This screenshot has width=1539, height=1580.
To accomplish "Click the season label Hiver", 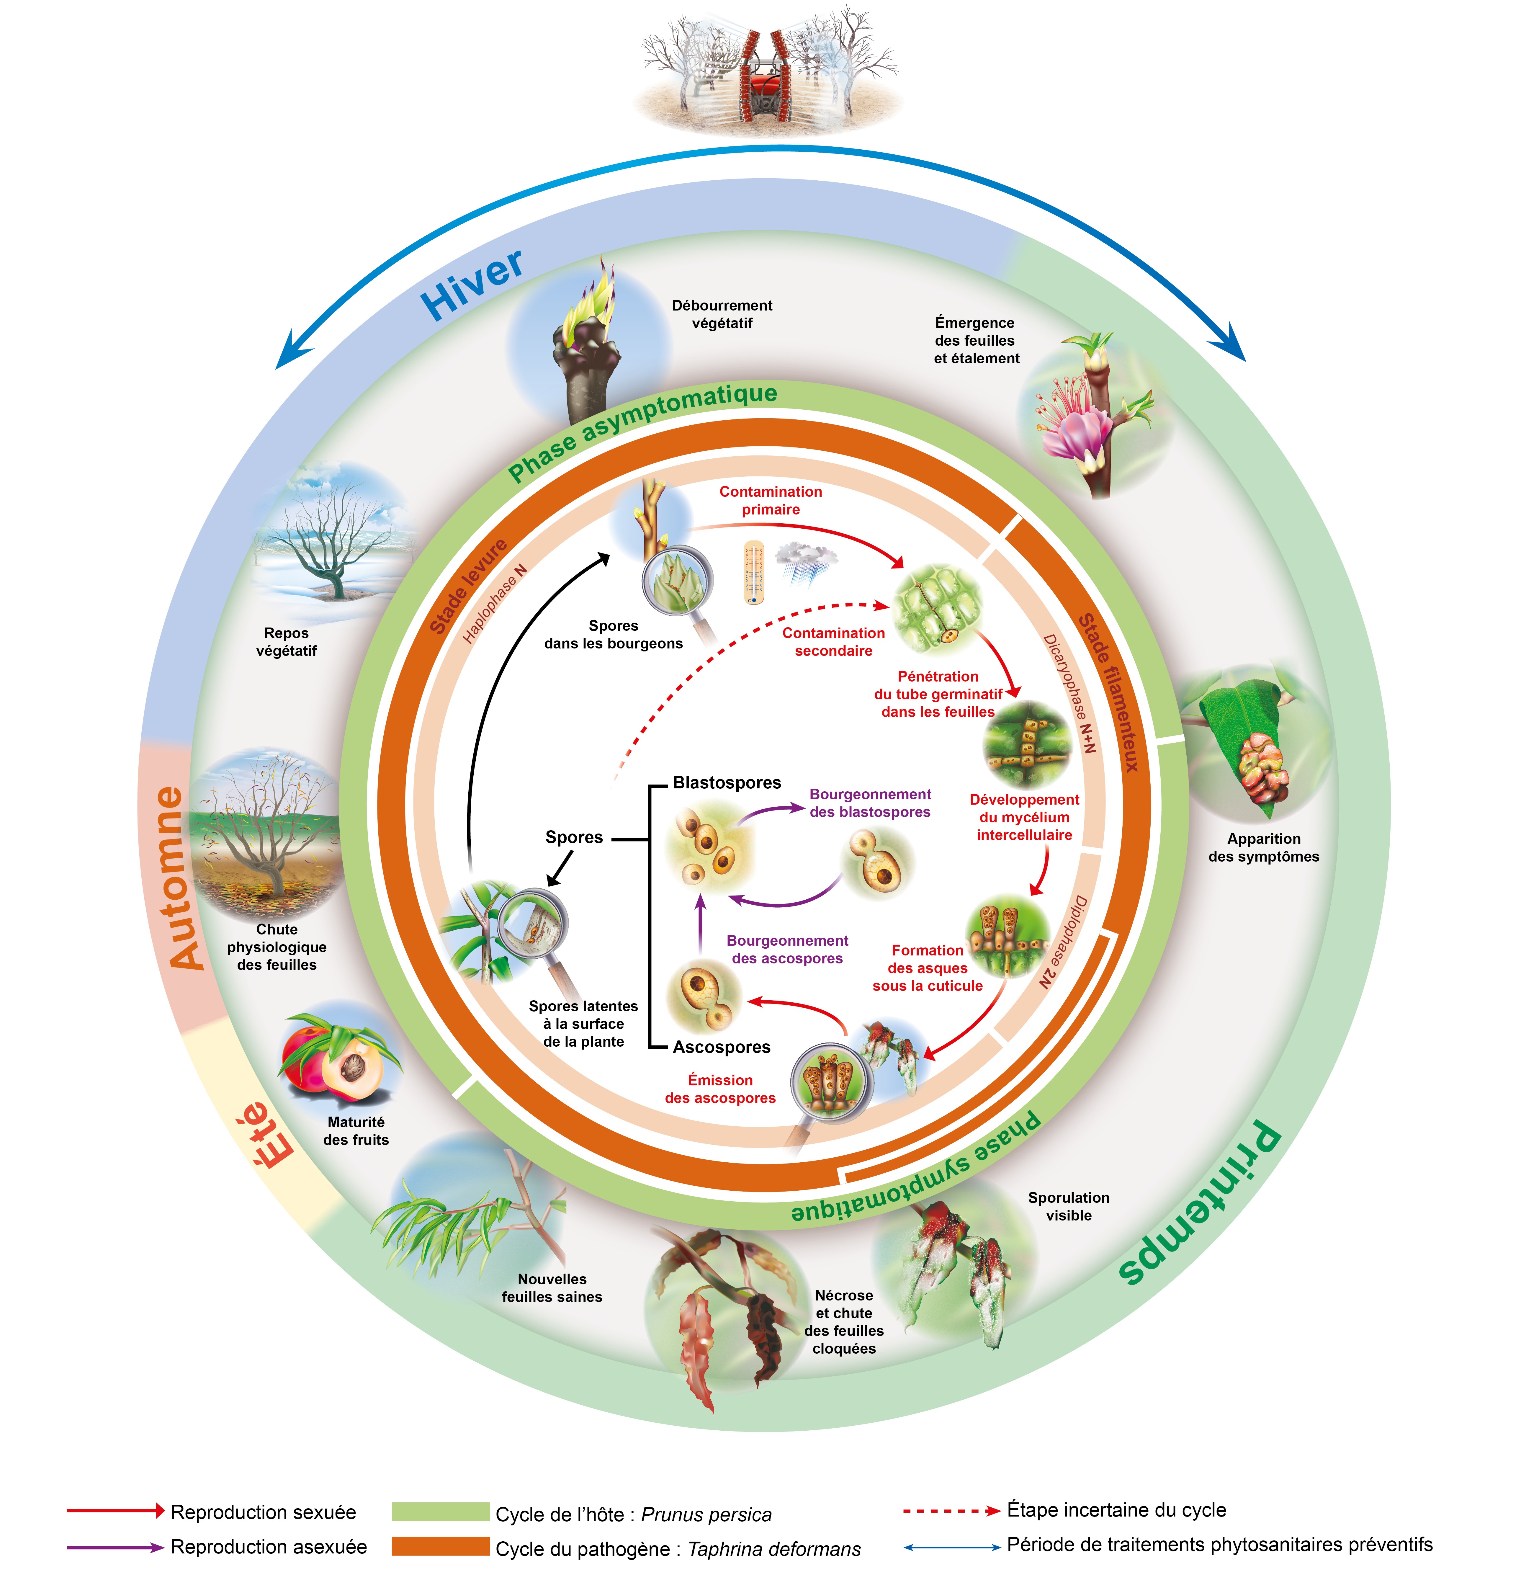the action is tap(473, 285).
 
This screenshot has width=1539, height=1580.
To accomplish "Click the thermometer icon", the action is tap(753, 573).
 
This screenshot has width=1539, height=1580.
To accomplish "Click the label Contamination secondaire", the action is tap(833, 642).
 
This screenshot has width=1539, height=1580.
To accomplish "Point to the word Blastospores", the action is tap(727, 783).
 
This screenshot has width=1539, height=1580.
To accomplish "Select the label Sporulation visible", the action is tap(1069, 1206).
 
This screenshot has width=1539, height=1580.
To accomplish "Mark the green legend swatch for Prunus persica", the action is tap(441, 1512).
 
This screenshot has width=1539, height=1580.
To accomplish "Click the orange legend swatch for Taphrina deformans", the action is tap(441, 1546).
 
